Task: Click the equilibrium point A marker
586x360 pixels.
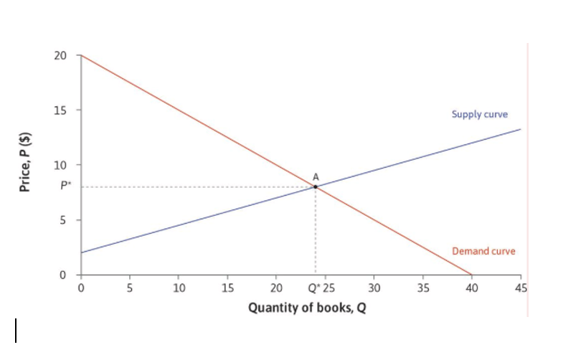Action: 315,186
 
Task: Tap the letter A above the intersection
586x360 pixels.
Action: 315,176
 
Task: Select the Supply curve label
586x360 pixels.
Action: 480,114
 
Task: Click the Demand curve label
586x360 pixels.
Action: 483,251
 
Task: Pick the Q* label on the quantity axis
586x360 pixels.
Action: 313,288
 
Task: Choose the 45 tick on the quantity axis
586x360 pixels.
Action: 521,288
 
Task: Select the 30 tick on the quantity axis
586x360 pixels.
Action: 373,288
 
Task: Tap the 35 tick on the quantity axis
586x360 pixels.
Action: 422,288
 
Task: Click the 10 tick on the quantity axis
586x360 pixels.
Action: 179,288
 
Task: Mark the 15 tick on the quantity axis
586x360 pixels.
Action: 227,288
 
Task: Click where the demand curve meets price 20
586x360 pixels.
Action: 81,55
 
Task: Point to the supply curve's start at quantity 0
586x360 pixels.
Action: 81,252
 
